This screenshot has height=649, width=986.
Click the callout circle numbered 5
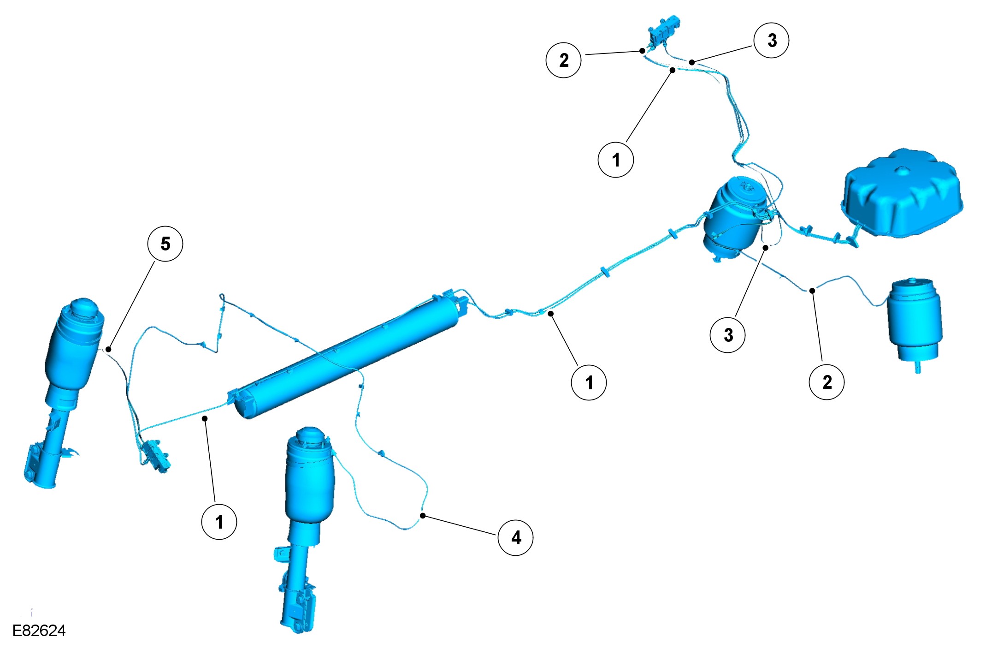165,244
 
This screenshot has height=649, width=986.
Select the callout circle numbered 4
515,538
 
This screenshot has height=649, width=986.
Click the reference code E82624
39,631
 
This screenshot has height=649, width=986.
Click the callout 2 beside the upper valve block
563,60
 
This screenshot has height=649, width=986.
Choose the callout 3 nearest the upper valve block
771,41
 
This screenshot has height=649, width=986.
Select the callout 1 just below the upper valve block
615,160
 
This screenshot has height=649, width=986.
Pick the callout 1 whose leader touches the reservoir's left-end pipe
219,522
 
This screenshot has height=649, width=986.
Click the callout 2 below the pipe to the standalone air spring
827,381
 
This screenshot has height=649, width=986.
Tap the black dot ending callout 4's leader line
423,516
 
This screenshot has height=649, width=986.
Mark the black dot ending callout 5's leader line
108,349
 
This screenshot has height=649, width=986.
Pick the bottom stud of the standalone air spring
917,368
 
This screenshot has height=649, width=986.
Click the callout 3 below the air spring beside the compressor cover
727,335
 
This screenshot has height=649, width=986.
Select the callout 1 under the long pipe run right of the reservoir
589,382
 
